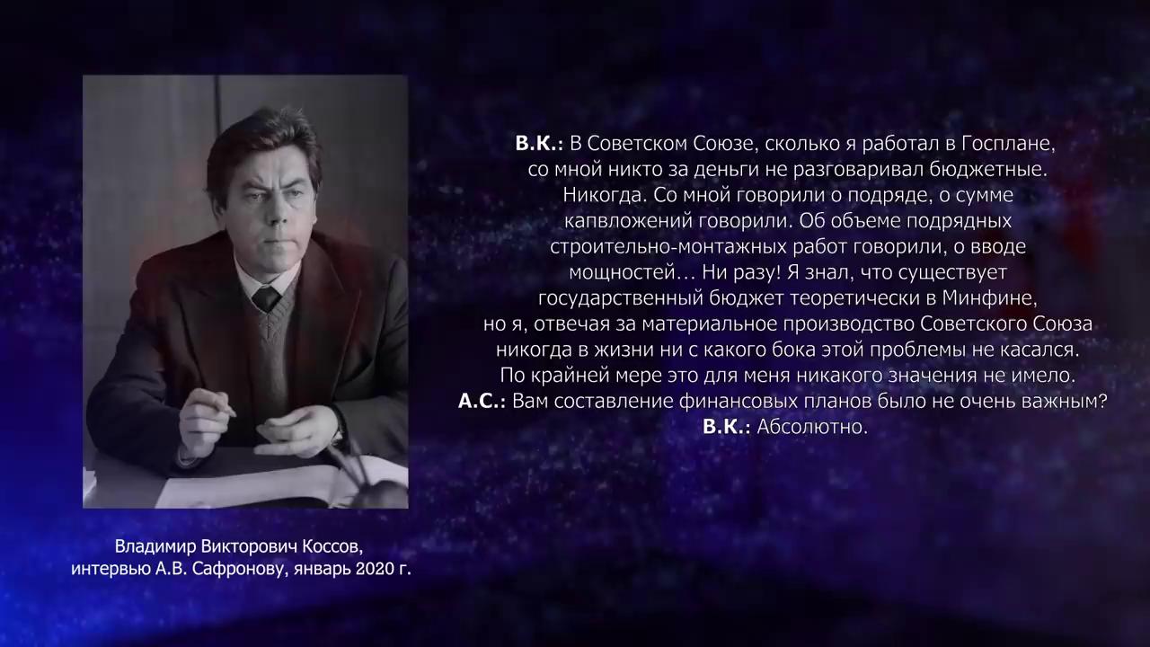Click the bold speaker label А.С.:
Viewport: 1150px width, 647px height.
pos(482,401)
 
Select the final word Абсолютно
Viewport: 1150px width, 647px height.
pos(812,427)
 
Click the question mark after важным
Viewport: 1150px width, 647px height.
pos(1101,401)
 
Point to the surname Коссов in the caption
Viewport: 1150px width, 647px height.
pos(332,546)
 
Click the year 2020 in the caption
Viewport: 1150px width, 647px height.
pos(376,569)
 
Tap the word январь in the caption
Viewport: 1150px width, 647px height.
pos(322,570)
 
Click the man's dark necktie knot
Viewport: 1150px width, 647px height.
pos(266,297)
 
